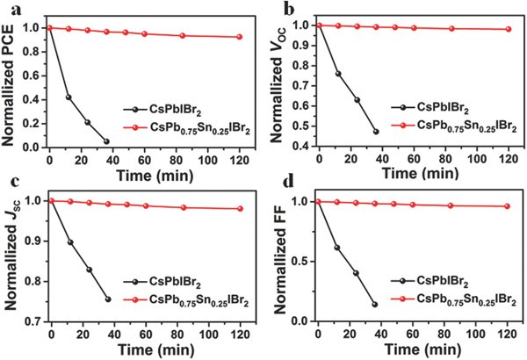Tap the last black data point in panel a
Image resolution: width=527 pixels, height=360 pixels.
(x=106, y=141)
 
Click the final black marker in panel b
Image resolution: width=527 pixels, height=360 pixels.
(x=376, y=132)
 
